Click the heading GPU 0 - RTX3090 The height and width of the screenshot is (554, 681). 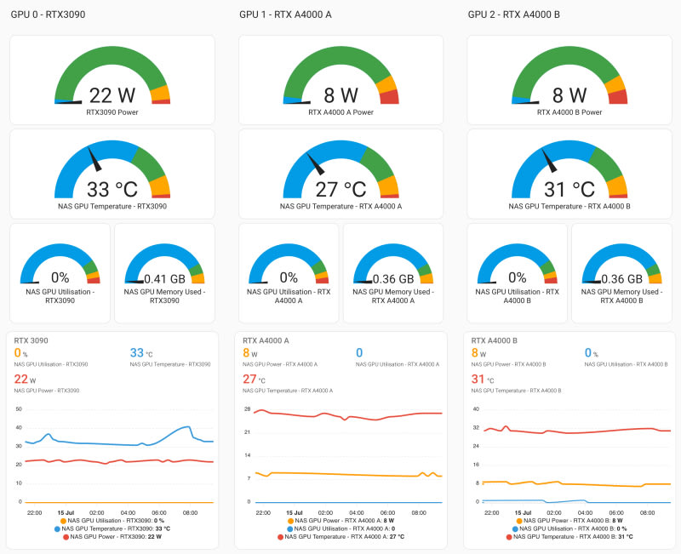pos(48,14)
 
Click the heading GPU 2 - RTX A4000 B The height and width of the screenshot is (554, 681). pos(514,14)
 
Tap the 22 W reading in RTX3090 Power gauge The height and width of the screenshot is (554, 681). pos(112,95)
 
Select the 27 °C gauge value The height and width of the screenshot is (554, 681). pos(340,189)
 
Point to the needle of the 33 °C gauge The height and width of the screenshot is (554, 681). pos(94,159)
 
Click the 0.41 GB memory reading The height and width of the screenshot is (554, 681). pos(164,279)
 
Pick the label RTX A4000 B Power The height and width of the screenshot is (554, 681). pos(569,112)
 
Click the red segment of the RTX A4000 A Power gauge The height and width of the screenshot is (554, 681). pos(390,97)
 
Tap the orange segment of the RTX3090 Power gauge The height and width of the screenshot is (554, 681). pos(160,93)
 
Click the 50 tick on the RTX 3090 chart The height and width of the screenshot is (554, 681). pos(19,409)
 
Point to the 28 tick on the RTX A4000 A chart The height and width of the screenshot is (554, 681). pos(248,409)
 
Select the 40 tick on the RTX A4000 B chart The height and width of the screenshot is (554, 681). pos(476,409)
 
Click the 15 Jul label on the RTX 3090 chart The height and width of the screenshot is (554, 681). pos(66,513)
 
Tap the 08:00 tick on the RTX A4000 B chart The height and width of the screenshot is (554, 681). pos(647,513)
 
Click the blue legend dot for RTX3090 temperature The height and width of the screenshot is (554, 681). pos(57,528)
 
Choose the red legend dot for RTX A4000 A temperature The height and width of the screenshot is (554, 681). pos(281,537)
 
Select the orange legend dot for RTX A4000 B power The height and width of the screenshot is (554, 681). pos(519,521)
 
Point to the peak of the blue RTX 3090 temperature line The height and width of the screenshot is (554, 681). pos(187,427)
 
